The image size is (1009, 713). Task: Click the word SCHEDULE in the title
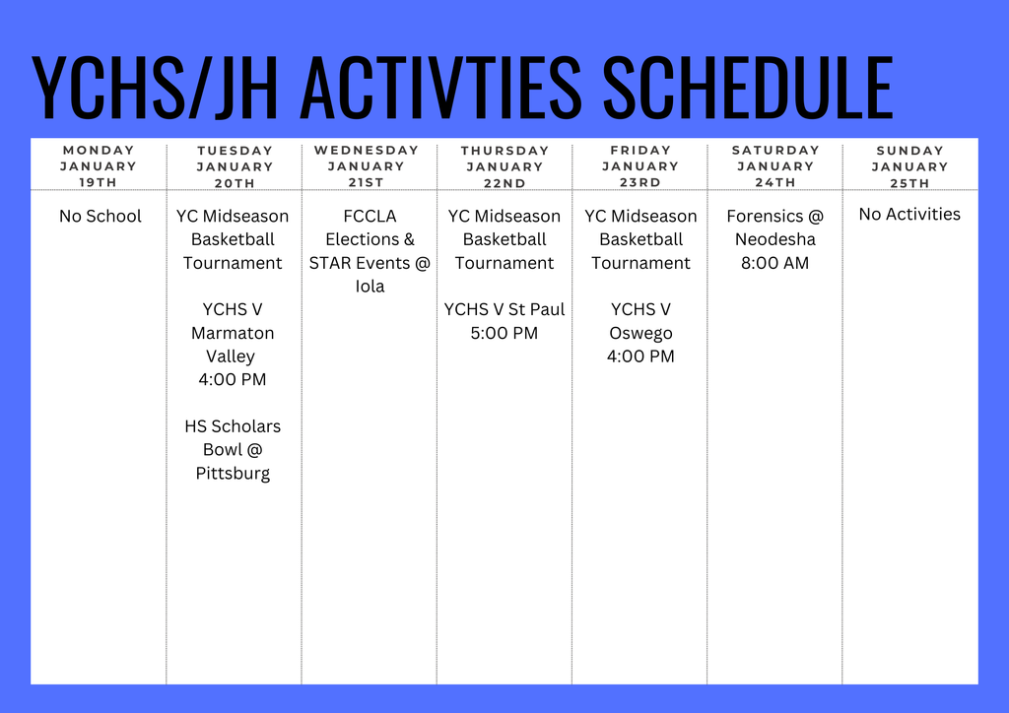pos(747,88)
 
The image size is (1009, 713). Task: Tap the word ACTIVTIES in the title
pos(440,88)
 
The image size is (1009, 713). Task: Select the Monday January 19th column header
pos(99,166)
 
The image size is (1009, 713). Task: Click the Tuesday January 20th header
pos(235,166)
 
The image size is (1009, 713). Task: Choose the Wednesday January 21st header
pos(367,166)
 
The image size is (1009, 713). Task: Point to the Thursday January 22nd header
pos(504,166)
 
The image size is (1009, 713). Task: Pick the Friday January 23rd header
pos(640,166)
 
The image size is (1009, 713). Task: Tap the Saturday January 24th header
pos(775,166)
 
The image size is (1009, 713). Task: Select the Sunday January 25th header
pos(909,166)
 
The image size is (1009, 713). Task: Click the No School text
pos(100,216)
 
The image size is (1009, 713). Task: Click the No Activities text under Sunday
pos(909,214)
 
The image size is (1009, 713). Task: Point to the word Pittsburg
pos(233,474)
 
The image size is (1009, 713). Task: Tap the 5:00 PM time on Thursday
pos(504,333)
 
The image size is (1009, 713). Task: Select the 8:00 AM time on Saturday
pos(775,263)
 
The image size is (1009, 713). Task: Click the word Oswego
pos(640,333)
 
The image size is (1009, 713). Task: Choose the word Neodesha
pos(775,239)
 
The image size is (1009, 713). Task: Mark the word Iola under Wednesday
pos(370,287)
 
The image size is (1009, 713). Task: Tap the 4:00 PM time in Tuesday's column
pos(233,379)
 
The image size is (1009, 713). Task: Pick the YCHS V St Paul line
pos(504,309)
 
